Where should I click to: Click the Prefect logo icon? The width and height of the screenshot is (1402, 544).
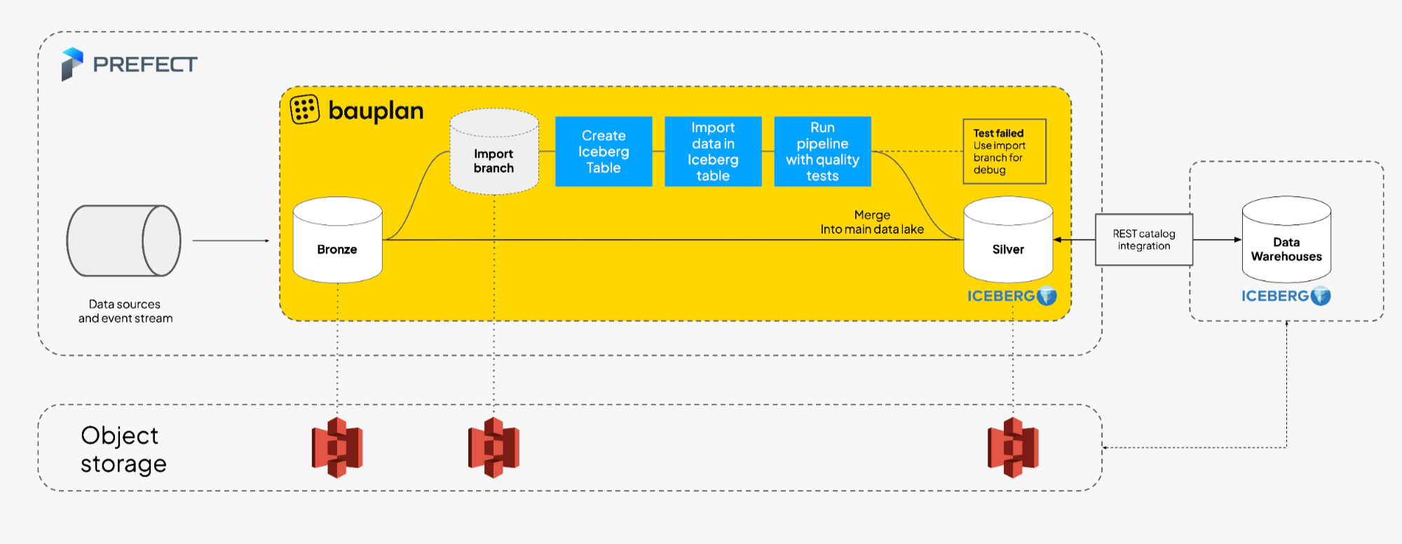pyautogui.click(x=72, y=64)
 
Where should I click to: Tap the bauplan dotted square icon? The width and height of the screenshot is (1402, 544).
pyautogui.click(x=305, y=109)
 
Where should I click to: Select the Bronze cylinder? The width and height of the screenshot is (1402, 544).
pyautogui.click(x=337, y=240)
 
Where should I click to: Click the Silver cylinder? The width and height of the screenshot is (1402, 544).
pyautogui.click(x=1008, y=240)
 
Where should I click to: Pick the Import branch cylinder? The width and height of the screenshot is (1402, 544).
pyautogui.click(x=494, y=152)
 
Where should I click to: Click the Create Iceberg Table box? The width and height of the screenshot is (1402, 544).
pyautogui.click(x=604, y=151)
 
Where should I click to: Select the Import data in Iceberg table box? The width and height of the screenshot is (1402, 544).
pyautogui.click(x=713, y=151)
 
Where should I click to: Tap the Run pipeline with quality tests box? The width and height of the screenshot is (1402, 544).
pyautogui.click(x=822, y=151)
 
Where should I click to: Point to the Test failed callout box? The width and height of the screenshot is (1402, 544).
pyautogui.click(x=1004, y=151)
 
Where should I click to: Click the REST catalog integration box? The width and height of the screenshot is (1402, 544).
pyautogui.click(x=1143, y=240)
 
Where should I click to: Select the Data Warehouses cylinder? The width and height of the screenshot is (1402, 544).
pyautogui.click(x=1286, y=240)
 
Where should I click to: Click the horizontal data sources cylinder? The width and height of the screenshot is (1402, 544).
pyautogui.click(x=124, y=240)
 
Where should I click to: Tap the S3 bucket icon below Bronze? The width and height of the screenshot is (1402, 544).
pyautogui.click(x=337, y=447)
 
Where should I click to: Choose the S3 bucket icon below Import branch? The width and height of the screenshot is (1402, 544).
pyautogui.click(x=494, y=447)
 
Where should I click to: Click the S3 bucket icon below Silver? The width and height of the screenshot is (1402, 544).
pyautogui.click(x=1013, y=447)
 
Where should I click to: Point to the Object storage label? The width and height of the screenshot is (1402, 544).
pyautogui.click(x=123, y=449)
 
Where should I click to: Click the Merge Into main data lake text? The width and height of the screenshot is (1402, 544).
pyautogui.click(x=872, y=222)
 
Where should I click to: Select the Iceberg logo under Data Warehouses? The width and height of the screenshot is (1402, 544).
pyautogui.click(x=1286, y=296)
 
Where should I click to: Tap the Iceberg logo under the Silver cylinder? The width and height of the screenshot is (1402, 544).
pyautogui.click(x=1012, y=296)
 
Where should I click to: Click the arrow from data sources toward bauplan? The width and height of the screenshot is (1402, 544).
pyautogui.click(x=231, y=240)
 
